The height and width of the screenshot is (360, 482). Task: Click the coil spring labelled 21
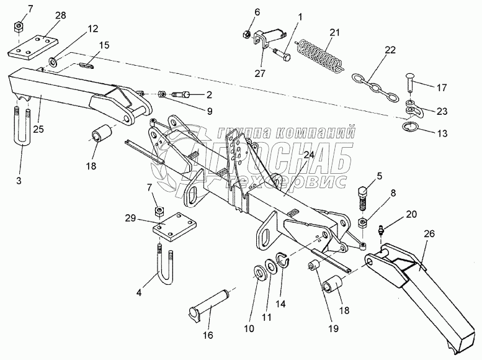click(319, 55)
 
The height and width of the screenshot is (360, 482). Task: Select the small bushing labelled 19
click(315, 267)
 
